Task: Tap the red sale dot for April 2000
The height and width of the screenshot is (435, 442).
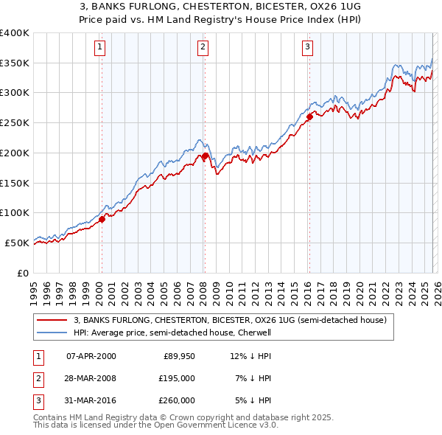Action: [102, 218]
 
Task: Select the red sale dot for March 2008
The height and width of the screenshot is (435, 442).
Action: [205, 156]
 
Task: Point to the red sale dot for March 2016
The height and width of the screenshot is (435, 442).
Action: [309, 116]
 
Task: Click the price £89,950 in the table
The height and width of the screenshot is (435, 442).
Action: [178, 356]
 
